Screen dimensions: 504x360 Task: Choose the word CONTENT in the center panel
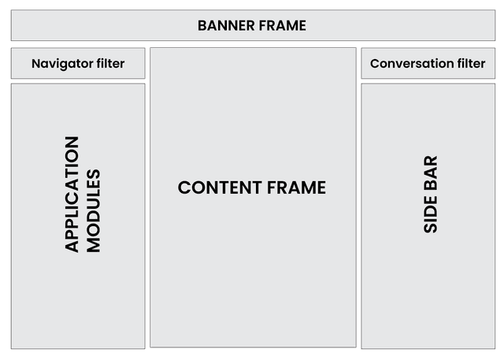point(220,187)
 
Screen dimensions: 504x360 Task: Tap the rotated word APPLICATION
point(72,194)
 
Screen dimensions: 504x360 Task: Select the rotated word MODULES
point(94,211)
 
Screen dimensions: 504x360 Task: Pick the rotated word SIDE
point(431,214)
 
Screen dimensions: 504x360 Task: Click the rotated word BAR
point(431,173)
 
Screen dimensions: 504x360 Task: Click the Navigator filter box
point(78,63)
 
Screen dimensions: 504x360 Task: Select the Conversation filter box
point(428,63)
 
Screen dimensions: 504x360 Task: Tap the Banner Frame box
point(254,25)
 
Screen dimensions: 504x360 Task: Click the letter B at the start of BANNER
point(202,26)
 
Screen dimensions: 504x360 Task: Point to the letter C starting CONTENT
point(184,187)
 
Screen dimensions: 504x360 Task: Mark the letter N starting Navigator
point(36,64)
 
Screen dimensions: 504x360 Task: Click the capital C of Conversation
point(375,64)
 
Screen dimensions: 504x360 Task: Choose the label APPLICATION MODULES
point(83,194)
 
